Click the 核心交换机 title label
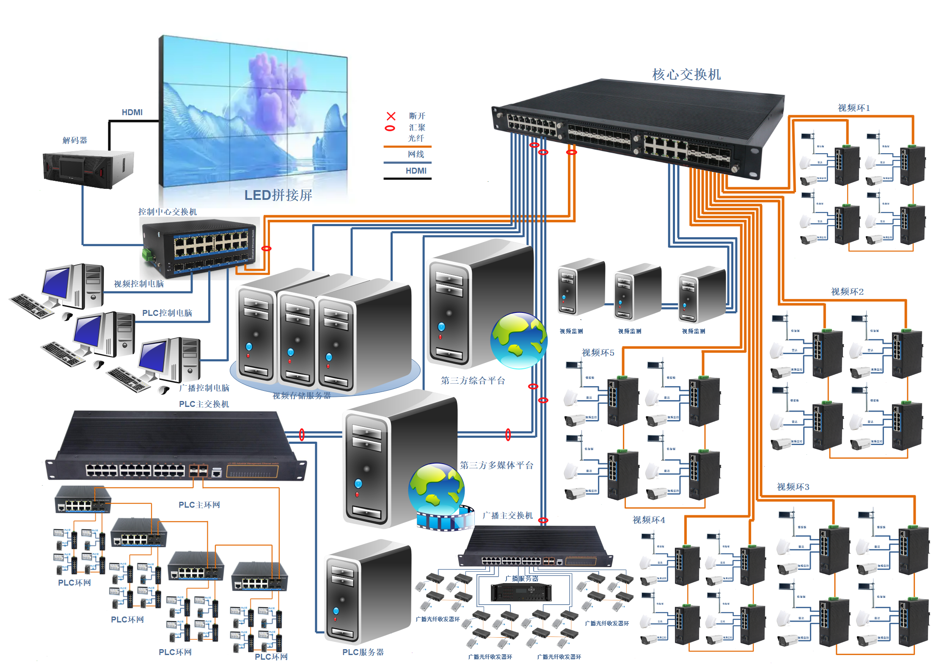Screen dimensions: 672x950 (686, 75)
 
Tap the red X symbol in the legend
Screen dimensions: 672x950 (391, 116)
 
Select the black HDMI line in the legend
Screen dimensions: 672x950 (407, 179)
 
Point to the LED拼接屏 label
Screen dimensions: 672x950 (278, 195)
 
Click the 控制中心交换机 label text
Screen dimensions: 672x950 (168, 212)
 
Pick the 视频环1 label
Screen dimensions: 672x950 (854, 108)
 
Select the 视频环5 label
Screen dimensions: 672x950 (598, 353)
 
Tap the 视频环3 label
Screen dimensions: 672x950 (793, 487)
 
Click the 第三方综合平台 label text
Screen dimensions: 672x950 (473, 381)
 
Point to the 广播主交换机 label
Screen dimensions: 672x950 (508, 515)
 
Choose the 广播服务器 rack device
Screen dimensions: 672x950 (521, 592)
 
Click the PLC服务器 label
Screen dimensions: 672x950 (363, 652)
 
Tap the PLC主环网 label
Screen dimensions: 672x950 (199, 505)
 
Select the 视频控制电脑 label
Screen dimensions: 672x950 (139, 284)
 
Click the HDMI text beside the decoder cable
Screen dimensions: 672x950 (132, 112)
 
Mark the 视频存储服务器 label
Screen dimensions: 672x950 (302, 395)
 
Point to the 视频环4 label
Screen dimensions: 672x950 (649, 520)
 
